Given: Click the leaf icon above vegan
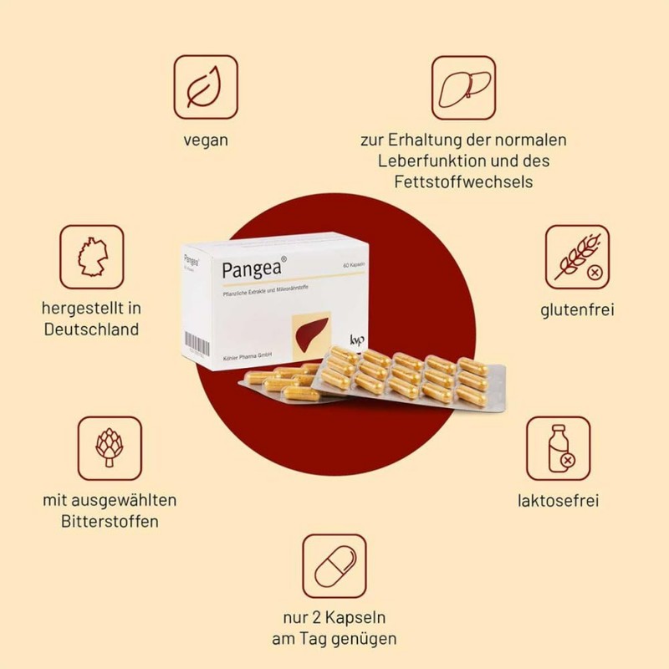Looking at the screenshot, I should pos(206,87).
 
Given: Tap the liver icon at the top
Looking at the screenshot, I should pos(463,87).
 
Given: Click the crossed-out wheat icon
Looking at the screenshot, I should pos(578,257).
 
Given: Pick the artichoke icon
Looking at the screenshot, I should pos(110,448).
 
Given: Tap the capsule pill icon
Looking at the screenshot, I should pos(334,566).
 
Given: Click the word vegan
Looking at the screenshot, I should pos(206,139).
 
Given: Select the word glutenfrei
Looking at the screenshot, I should pos(577,309).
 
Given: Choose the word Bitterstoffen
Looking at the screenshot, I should pos(110,521).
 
